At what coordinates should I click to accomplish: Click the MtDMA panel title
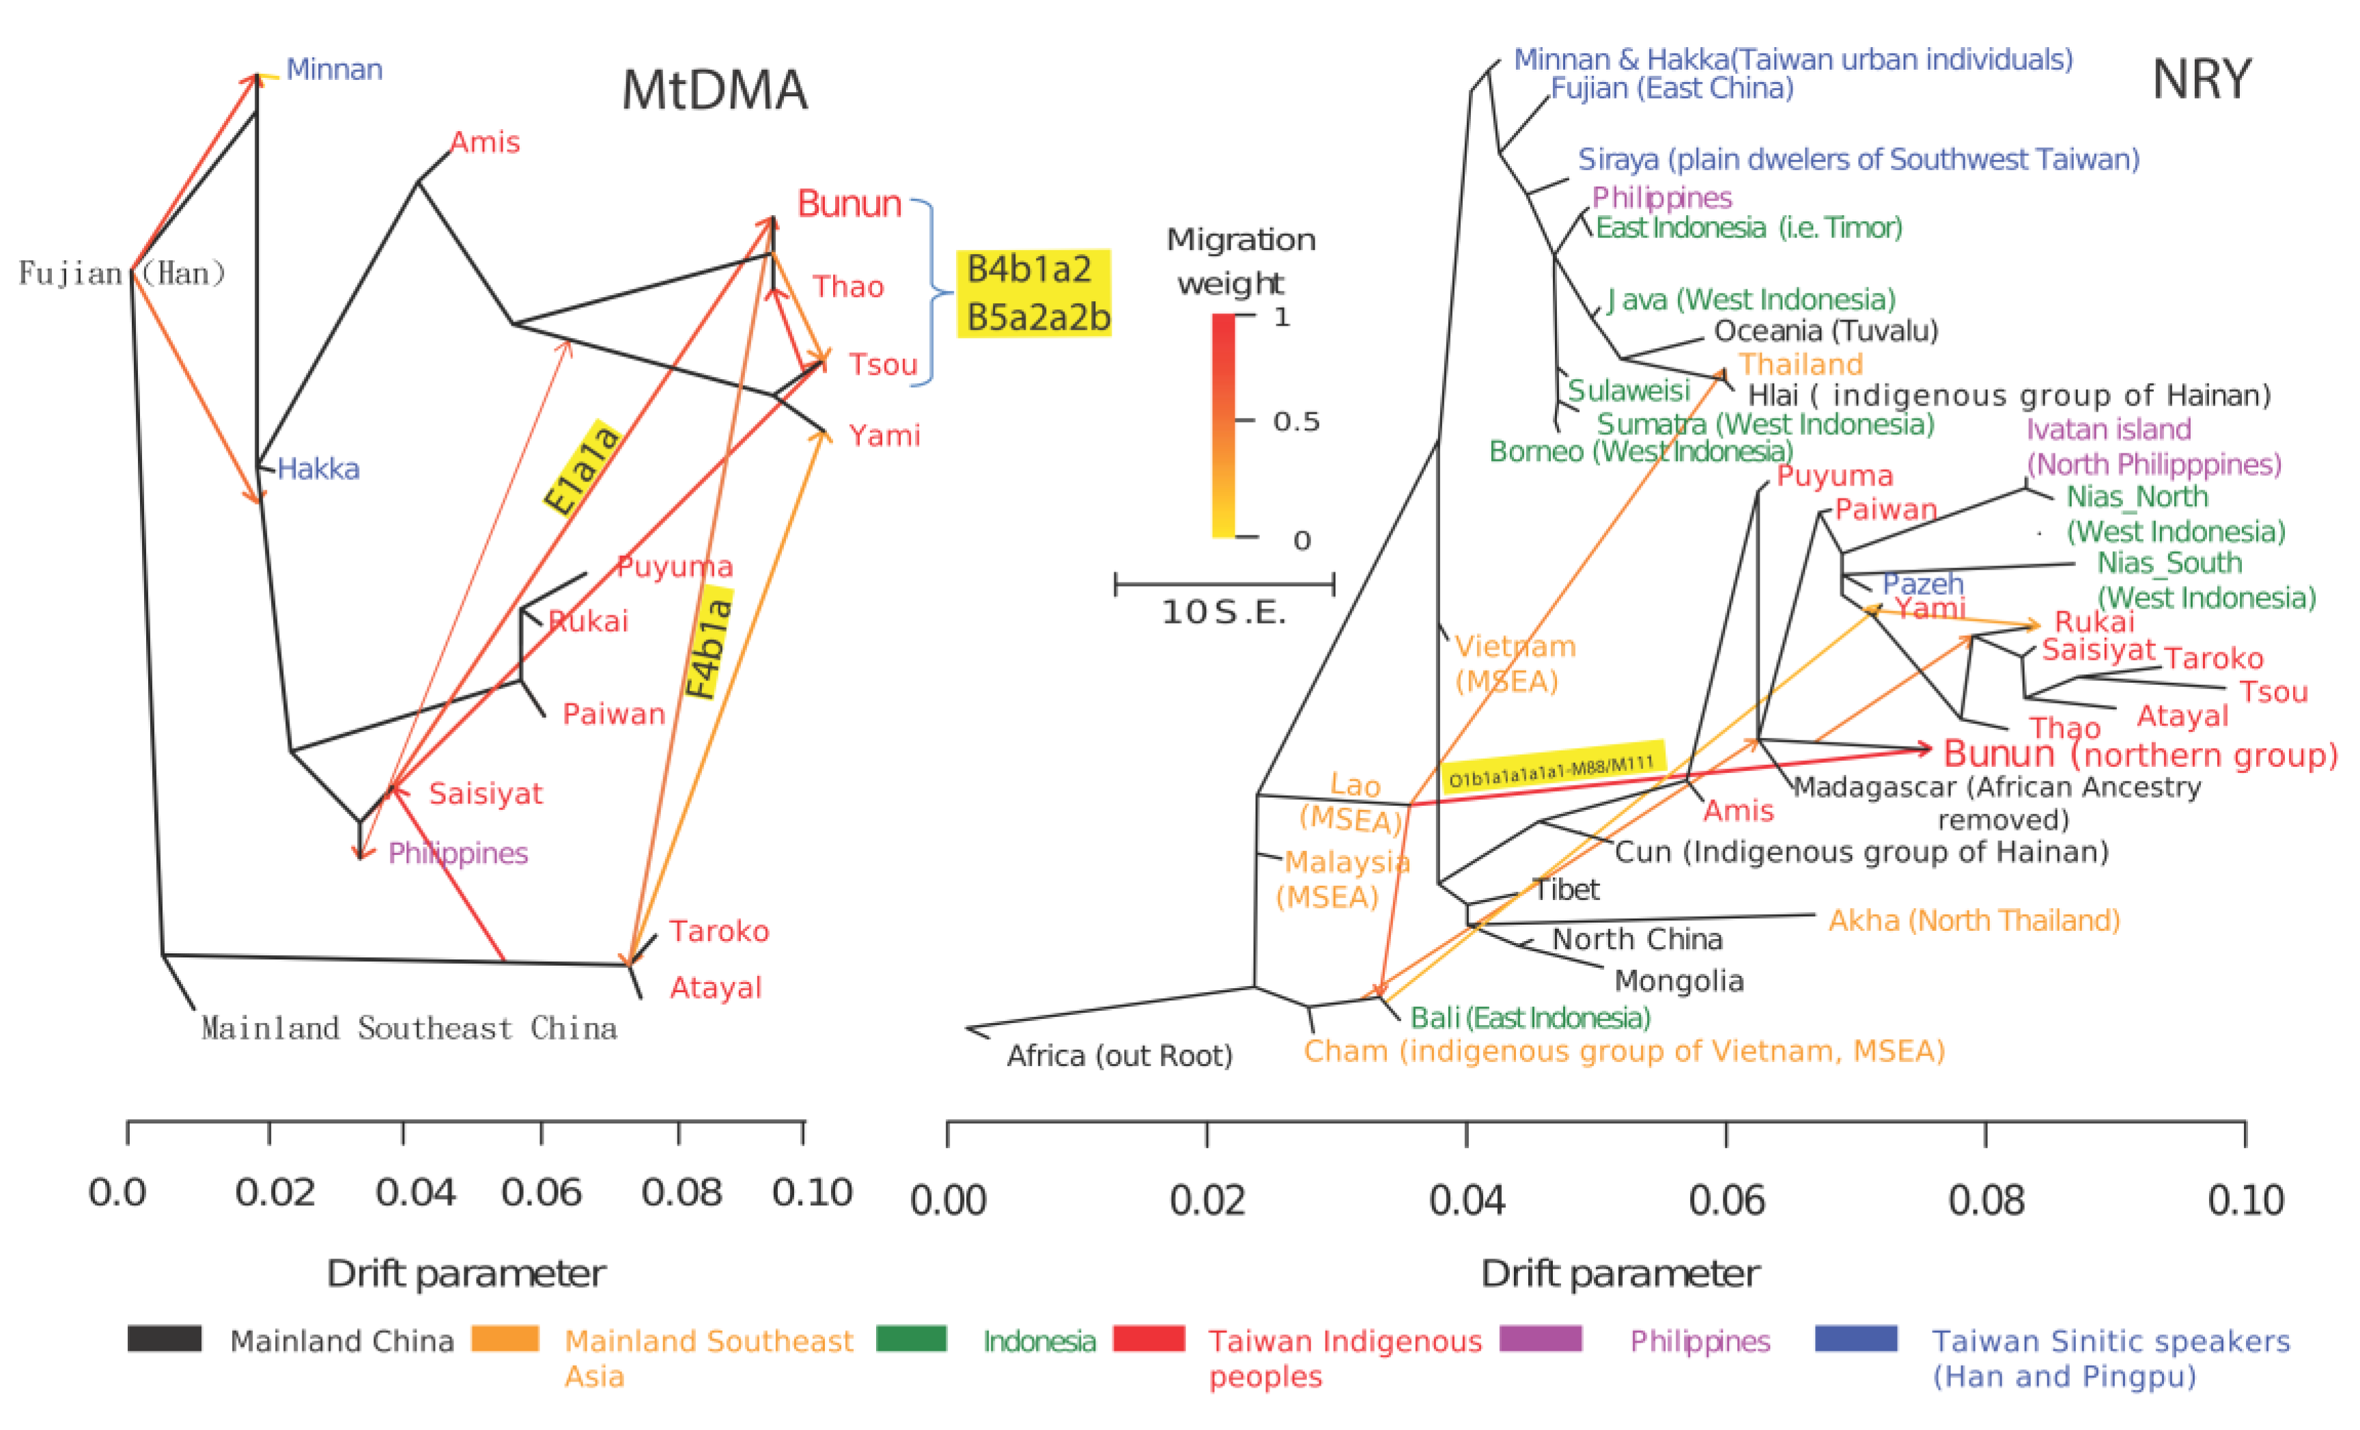[714, 91]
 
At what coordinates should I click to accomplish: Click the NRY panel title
[2201, 79]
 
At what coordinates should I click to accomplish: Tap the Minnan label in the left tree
[335, 70]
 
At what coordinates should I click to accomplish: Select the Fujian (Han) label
[122, 274]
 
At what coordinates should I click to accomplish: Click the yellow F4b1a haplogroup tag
[709, 647]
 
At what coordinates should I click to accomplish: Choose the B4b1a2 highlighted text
[1030, 269]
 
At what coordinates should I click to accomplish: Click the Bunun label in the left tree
[849, 204]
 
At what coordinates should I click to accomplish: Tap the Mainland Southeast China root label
[409, 1028]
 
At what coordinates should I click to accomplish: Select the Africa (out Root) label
[1119, 1056]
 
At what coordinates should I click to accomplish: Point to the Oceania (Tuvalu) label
[1825, 331]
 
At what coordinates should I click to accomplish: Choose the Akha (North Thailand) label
[1973, 921]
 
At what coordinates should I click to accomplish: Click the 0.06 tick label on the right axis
[1726, 1200]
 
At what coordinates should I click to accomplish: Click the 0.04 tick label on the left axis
[415, 1192]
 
